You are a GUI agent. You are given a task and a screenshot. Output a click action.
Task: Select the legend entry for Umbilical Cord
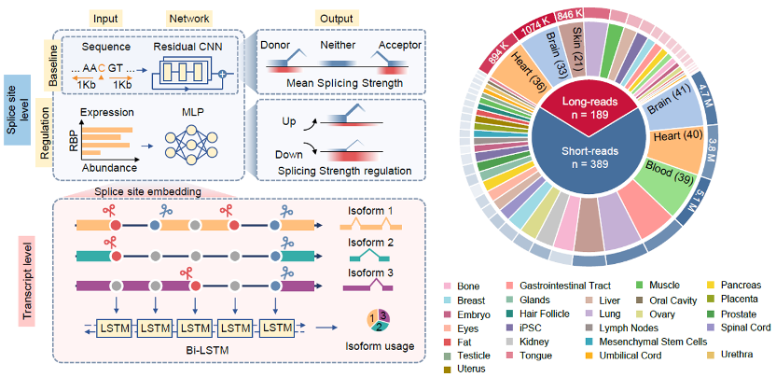click(x=626, y=356)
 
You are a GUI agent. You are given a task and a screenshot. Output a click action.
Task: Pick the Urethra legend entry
click(x=734, y=354)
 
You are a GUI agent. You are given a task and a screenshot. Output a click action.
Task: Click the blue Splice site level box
click(x=18, y=110)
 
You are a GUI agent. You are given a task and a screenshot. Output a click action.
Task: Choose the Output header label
click(x=336, y=19)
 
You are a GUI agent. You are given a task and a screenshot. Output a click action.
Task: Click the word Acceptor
click(x=399, y=45)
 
